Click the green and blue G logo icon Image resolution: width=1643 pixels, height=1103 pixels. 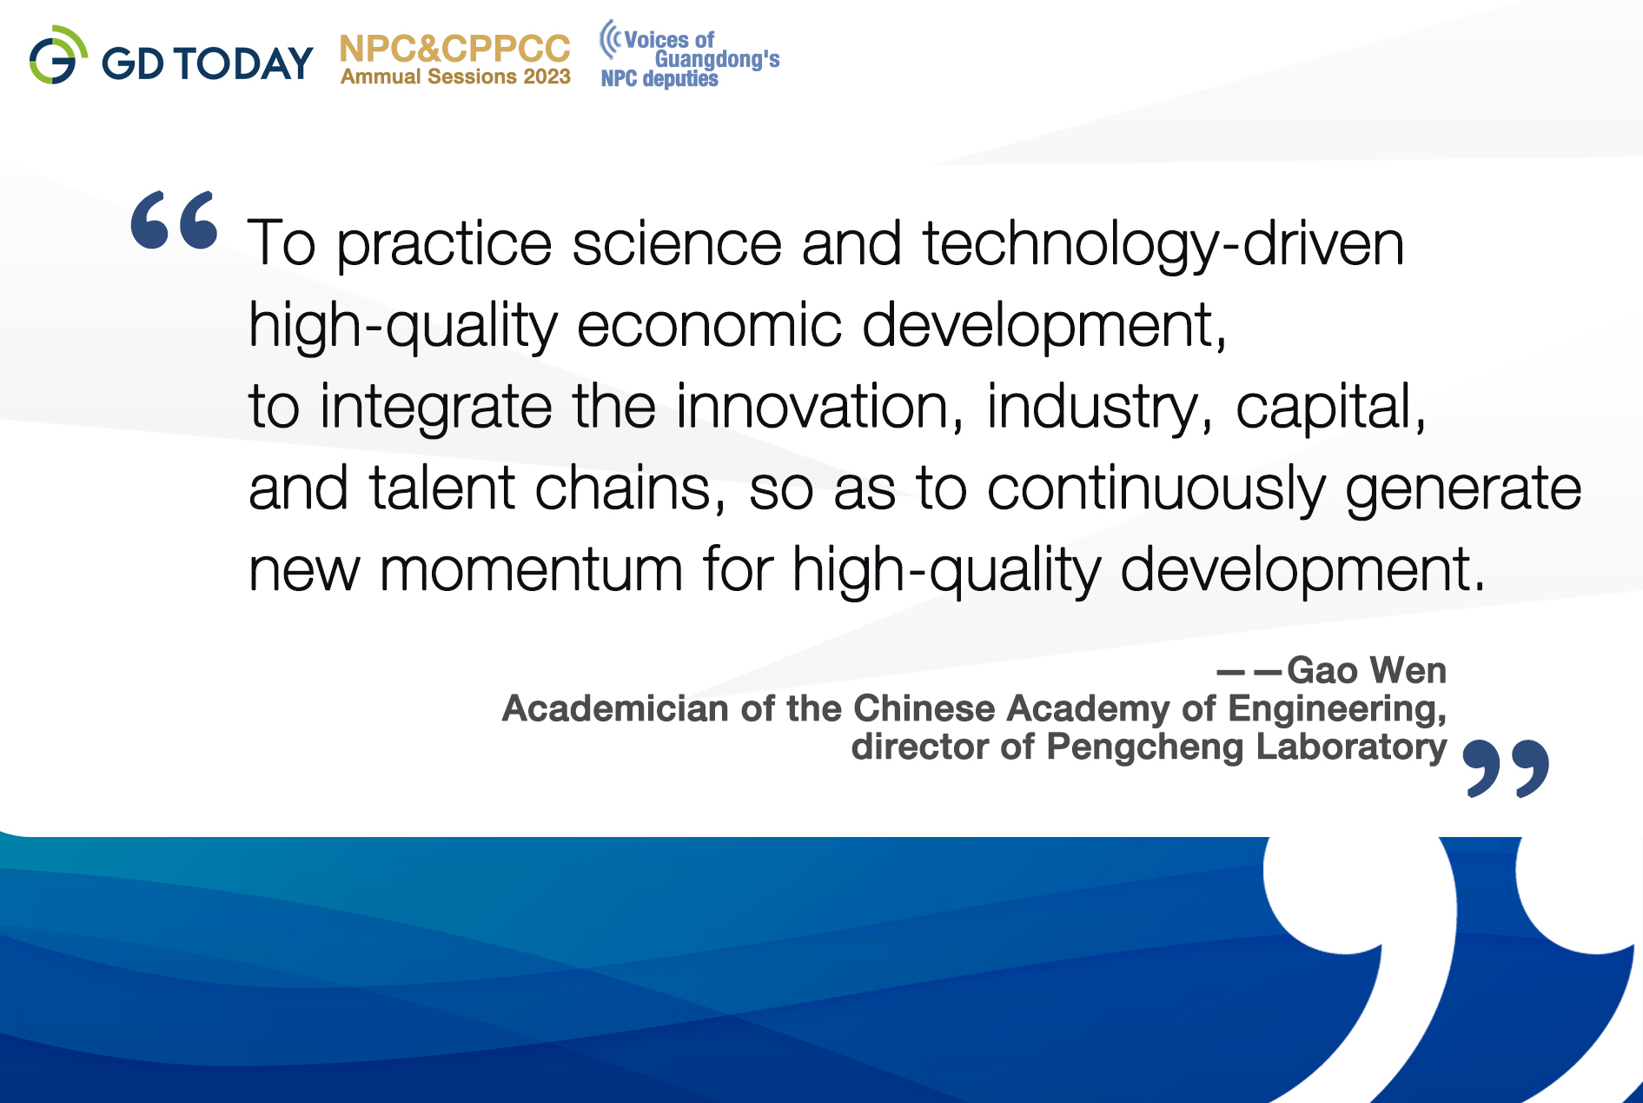pyautogui.click(x=57, y=55)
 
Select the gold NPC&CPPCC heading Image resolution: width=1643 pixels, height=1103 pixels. pyautogui.click(x=455, y=49)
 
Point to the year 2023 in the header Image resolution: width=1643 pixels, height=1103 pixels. pyautogui.click(x=547, y=76)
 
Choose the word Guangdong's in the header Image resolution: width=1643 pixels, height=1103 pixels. pyautogui.click(x=717, y=59)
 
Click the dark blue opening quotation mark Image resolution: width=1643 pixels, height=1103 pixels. pyautogui.click(x=175, y=220)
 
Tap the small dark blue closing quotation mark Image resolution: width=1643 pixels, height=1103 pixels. pyautogui.click(x=1506, y=768)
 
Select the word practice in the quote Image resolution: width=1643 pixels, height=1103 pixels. pyautogui.click(x=444, y=244)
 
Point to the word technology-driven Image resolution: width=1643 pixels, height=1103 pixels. pyautogui.click(x=1163, y=244)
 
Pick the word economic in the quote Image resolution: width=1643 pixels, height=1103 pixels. pyautogui.click(x=709, y=325)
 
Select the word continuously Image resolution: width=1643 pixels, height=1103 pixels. pyautogui.click(x=1156, y=488)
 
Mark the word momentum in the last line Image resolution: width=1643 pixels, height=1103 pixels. pyautogui.click(x=532, y=571)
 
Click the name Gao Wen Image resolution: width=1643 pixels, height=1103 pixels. pyautogui.click(x=1367, y=670)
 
